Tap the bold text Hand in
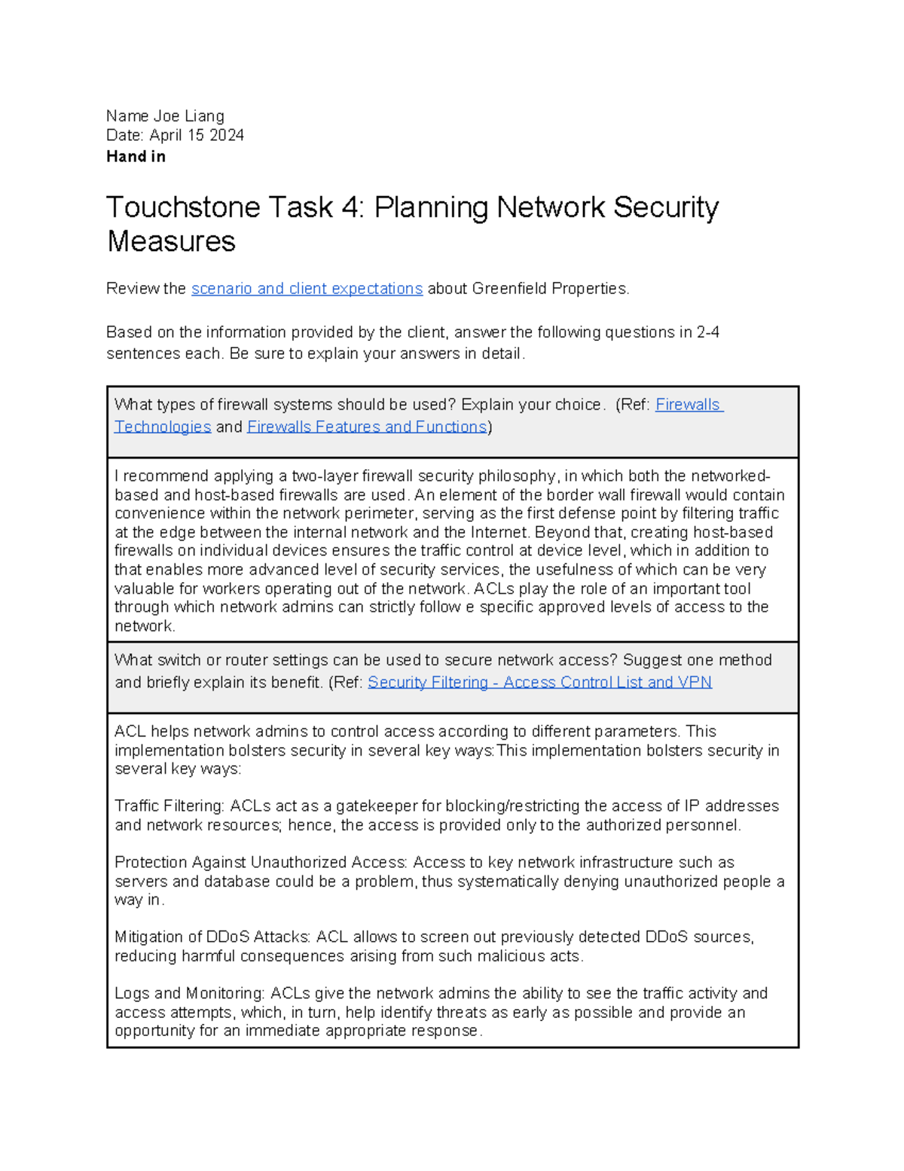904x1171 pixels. coord(136,157)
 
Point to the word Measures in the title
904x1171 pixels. coord(171,242)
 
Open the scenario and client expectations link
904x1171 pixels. coord(307,289)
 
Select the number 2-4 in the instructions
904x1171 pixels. coord(707,333)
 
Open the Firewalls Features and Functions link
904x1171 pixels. coord(367,427)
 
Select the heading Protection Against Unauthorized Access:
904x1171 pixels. coord(261,863)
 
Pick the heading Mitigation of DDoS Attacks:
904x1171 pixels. coord(212,937)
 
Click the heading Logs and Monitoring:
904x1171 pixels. coord(189,994)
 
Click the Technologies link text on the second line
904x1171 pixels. coord(163,427)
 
